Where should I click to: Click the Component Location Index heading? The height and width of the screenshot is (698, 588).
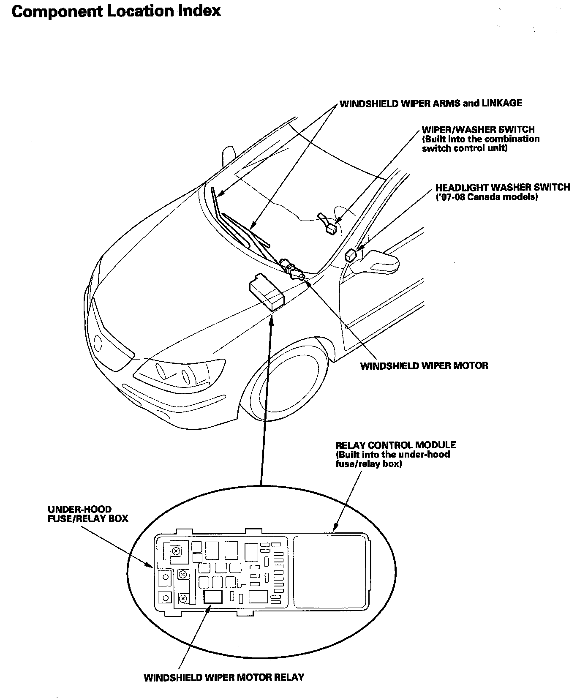click(116, 11)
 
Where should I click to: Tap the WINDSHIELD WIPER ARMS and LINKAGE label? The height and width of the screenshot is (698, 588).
click(431, 103)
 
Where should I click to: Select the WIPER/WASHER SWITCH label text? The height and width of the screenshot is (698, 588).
click(478, 130)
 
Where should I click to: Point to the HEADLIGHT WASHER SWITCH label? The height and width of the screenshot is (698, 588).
click(502, 187)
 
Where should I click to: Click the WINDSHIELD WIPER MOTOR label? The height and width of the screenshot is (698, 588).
click(424, 365)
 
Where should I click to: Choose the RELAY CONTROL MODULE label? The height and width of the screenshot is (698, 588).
click(395, 445)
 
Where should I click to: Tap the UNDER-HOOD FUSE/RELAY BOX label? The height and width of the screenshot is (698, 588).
click(88, 514)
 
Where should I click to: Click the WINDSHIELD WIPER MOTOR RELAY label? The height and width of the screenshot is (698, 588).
click(224, 677)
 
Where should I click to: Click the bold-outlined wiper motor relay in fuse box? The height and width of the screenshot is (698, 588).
click(213, 597)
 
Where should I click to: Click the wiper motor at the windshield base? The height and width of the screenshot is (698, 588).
click(292, 269)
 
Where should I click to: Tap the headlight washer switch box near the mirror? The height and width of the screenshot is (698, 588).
click(351, 255)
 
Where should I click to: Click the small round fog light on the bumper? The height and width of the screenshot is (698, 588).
click(98, 342)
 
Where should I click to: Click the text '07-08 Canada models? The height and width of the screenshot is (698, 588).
click(487, 197)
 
